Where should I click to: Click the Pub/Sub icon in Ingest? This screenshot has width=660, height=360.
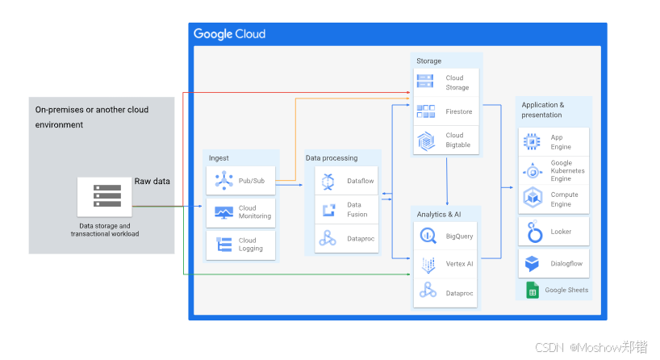tap(223, 181)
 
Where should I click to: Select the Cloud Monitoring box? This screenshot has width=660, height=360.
tap(240, 212)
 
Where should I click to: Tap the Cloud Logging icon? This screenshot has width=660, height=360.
tap(223, 244)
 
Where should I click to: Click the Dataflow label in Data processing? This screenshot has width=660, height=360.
tap(361, 181)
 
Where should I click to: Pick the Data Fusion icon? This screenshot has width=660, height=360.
tap(328, 210)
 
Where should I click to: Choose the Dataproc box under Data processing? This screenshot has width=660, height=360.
tap(346, 239)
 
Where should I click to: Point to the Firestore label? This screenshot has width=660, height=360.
tap(458, 112)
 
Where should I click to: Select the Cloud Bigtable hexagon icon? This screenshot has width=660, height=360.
tap(425, 140)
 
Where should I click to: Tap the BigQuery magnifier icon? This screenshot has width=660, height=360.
tap(427, 237)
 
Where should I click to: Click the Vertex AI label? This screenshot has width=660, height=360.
tap(459, 265)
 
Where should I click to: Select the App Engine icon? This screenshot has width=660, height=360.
tap(533, 142)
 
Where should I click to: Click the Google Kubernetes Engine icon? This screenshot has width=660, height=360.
tap(533, 170)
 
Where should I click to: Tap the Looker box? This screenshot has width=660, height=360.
tap(554, 232)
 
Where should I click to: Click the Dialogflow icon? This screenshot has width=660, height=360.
tap(533, 264)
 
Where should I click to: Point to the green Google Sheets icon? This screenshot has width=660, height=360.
tap(533, 290)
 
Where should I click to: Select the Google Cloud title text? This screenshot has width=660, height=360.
tap(229, 34)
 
